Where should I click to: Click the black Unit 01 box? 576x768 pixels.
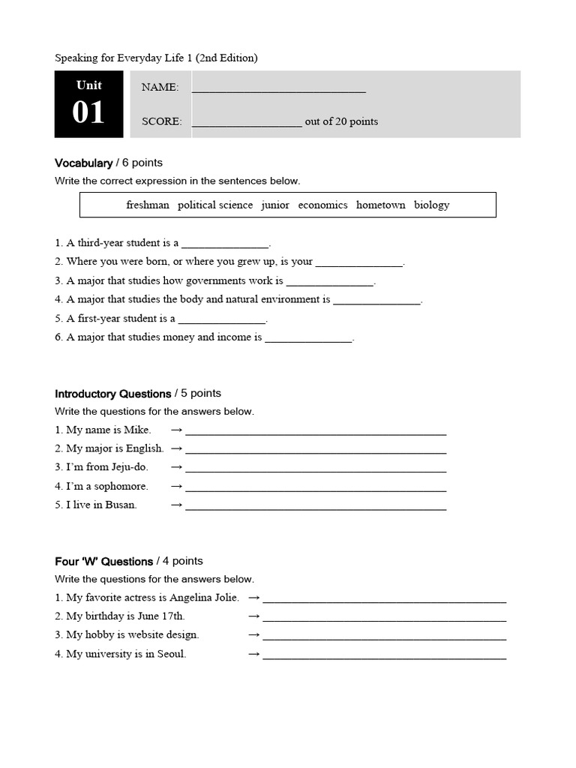[88, 104]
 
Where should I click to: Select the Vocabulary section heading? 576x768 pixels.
[83, 163]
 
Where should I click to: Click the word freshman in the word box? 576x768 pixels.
[148, 205]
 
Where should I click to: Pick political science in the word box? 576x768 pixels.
[215, 205]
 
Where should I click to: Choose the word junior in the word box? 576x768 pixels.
[275, 205]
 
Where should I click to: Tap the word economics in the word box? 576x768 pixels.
[322, 205]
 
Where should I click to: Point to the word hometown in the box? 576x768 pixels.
[380, 205]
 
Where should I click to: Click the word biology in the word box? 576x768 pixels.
[431, 205]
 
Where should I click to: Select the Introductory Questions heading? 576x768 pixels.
[112, 394]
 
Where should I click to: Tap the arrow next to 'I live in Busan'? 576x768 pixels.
[176, 505]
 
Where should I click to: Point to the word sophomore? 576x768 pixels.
[121, 486]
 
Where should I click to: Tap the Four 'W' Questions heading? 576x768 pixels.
[103, 562]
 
